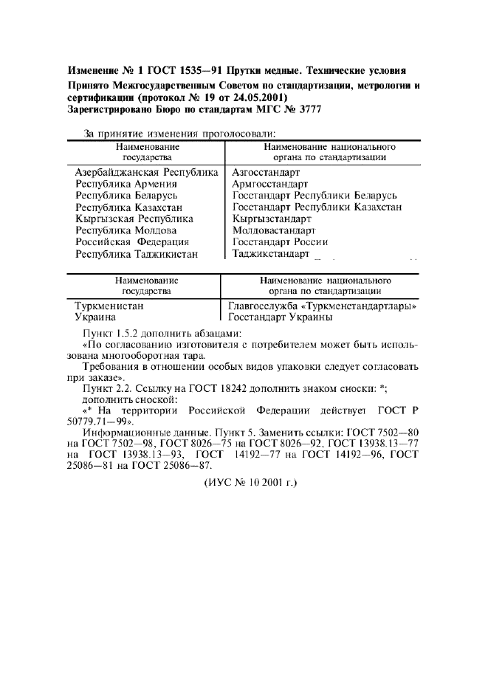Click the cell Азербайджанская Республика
(147, 171)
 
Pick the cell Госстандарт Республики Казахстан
(317, 207)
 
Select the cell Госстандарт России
(280, 242)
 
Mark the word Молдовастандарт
(273, 230)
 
